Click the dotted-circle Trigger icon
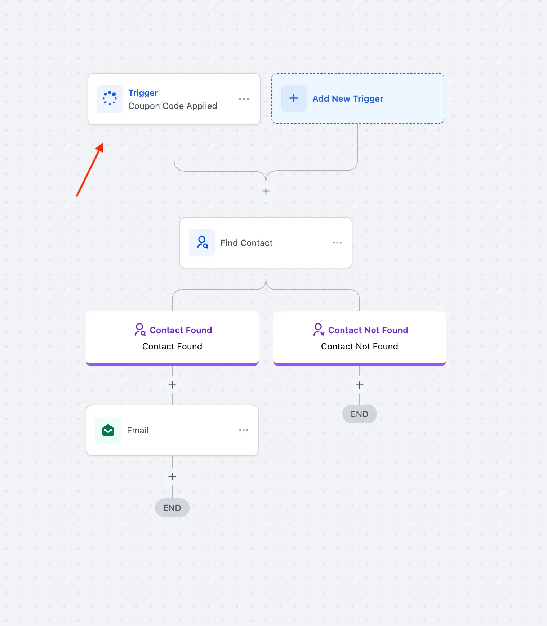pos(110,98)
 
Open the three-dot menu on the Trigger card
pos(244,99)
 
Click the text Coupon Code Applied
pos(173,106)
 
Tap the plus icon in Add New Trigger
pos(294,98)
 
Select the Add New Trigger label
pos(348,99)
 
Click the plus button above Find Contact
pos(266,191)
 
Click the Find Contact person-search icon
pos(202,243)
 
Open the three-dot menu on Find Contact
pos(337,243)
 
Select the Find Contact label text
pos(246,243)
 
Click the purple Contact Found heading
pos(181,330)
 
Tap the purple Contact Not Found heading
pos(368,330)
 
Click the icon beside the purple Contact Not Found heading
pos(319,330)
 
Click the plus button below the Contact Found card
pos(172,385)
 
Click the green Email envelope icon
pos(108,430)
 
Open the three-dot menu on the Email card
pos(244,430)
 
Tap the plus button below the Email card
pos(172,477)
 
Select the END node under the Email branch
pos(172,508)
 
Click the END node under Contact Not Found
pos(360,414)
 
